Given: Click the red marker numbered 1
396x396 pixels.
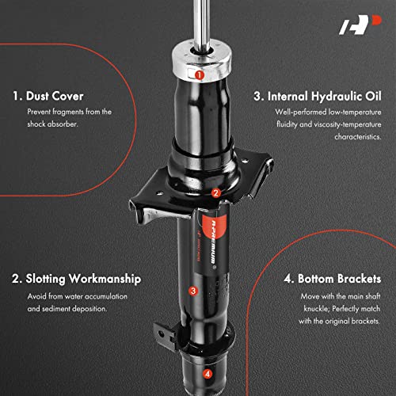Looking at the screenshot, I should click(x=199, y=75).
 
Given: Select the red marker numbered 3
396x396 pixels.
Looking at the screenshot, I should click(x=192, y=291).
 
